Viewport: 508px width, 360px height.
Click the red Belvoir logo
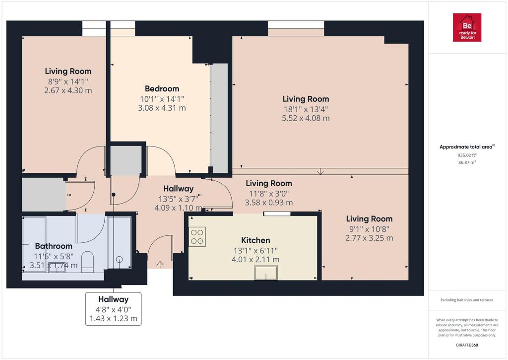point(467,28)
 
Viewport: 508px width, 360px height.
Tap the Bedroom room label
point(162,88)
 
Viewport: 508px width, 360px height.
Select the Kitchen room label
point(255,240)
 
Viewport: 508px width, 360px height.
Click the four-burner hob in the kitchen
point(197,237)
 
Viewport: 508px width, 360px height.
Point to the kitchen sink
point(266,273)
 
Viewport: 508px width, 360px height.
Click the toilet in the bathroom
point(87,262)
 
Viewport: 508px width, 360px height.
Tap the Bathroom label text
point(54,246)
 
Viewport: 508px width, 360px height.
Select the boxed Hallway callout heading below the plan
point(114,299)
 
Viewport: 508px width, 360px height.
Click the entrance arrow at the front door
point(160,264)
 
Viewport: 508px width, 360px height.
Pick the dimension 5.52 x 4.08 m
point(306,118)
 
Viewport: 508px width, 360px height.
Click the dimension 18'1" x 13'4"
point(306,109)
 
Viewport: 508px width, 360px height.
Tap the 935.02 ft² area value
point(467,155)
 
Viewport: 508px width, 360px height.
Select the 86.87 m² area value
point(467,162)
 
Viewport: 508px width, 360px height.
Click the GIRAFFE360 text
point(467,345)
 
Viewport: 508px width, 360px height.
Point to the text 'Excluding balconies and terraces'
point(467,300)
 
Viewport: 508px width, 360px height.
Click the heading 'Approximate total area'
point(466,147)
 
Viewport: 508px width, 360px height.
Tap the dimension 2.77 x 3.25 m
point(369,238)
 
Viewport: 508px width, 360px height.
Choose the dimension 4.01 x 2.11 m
point(255,260)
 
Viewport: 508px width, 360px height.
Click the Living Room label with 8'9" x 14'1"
point(68,72)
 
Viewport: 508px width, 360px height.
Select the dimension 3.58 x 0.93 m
point(269,203)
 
